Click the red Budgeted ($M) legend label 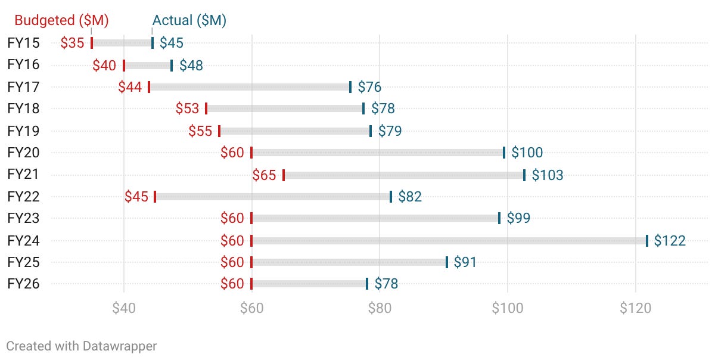tap(61, 20)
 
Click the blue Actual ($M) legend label tap(189, 20)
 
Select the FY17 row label tap(23, 87)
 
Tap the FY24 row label tap(23, 241)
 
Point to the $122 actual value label tap(670, 241)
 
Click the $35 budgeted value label tap(73, 43)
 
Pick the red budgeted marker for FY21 tap(284, 175)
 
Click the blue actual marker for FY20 tap(504, 153)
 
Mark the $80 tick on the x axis tap(380, 308)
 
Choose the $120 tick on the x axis tap(636, 308)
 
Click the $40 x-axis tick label tap(124, 308)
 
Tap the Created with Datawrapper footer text tap(82, 346)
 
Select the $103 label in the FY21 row tap(547, 175)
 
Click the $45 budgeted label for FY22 tap(136, 197)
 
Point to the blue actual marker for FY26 tap(367, 284)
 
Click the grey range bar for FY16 tap(148, 66)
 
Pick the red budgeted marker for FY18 tap(206, 108)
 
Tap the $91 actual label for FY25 tap(465, 262)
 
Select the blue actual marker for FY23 tap(499, 218)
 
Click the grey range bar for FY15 tap(122, 43)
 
